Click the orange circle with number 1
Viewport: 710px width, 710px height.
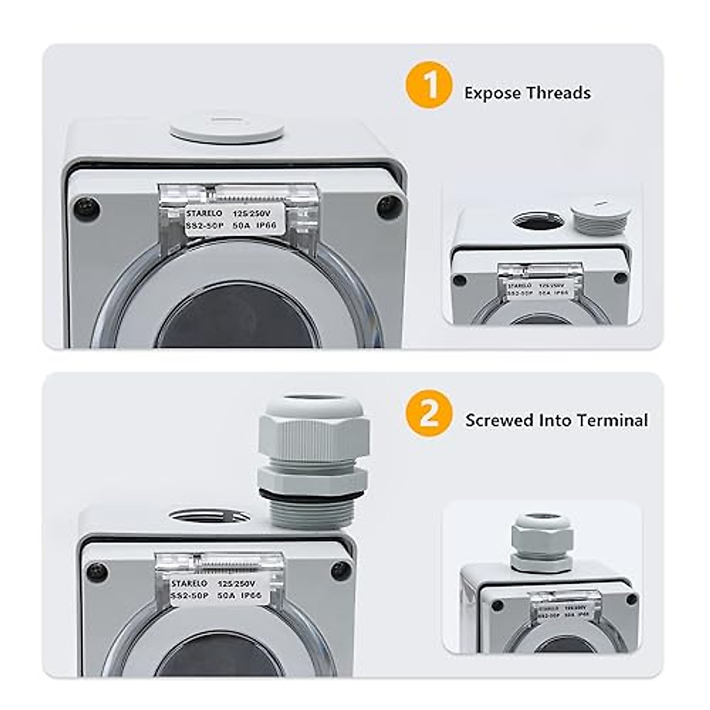(x=429, y=85)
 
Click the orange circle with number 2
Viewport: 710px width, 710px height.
(x=429, y=413)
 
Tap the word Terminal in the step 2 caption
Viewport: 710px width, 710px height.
(x=612, y=420)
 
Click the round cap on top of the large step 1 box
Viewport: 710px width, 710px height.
(x=227, y=128)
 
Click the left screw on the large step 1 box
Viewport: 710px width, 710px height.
(x=86, y=209)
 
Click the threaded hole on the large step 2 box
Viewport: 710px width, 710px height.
(x=209, y=516)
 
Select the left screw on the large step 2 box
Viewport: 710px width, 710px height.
(x=97, y=572)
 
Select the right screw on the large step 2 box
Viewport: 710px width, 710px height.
(x=341, y=570)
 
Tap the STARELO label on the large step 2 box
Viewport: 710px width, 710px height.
(x=212, y=590)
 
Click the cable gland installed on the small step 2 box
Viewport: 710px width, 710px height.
(x=541, y=543)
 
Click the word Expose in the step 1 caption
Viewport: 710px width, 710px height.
(x=493, y=93)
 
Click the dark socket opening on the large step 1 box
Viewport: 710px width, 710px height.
(x=237, y=319)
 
